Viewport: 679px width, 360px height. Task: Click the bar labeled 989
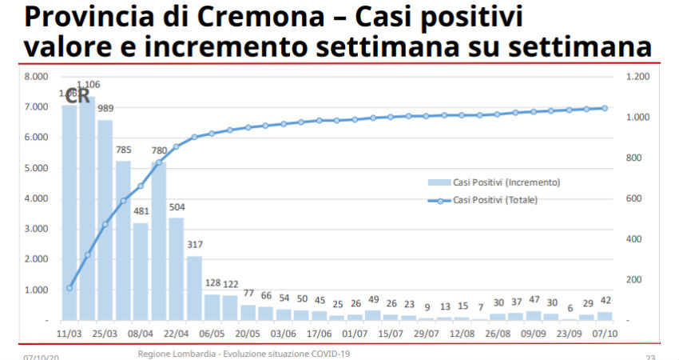[105, 220]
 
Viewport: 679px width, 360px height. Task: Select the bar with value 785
[123, 240]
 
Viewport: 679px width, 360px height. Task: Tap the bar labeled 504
[177, 269]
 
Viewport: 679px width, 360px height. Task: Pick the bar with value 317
[194, 288]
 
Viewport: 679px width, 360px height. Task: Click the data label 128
[212, 284]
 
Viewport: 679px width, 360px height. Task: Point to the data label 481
[141, 212]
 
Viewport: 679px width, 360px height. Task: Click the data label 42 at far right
[605, 302]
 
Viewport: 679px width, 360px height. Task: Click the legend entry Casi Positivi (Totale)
[495, 200]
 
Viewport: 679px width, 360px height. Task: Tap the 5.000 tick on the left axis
[38, 168]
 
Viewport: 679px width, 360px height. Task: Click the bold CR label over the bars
[77, 97]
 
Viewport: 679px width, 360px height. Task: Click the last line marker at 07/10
[605, 108]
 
